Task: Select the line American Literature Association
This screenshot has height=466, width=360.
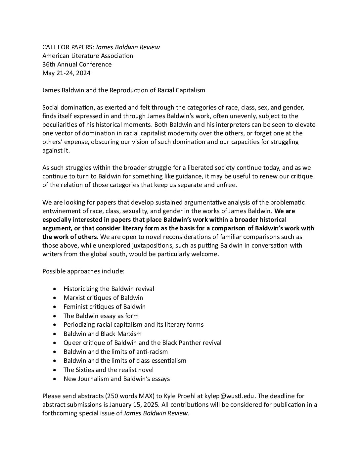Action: [88, 56]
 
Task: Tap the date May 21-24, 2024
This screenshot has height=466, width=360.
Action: [66, 73]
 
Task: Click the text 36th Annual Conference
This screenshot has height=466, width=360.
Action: [77, 64]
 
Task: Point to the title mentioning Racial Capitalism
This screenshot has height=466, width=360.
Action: [124, 90]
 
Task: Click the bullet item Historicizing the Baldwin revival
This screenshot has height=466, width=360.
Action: [109, 289]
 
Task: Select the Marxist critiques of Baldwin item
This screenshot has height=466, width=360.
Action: [103, 298]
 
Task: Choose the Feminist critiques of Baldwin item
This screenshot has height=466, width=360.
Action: [105, 306]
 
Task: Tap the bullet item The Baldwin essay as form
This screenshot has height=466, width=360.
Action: [101, 316]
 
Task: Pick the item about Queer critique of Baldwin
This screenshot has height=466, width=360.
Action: [142, 343]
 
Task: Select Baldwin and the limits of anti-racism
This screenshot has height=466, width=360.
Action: [115, 351]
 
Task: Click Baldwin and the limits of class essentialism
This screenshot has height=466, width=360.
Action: [125, 360]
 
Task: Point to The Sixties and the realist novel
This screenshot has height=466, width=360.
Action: [109, 370]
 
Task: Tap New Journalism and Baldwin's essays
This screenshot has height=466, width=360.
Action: [116, 379]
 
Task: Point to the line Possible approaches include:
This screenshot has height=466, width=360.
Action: [83, 271]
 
